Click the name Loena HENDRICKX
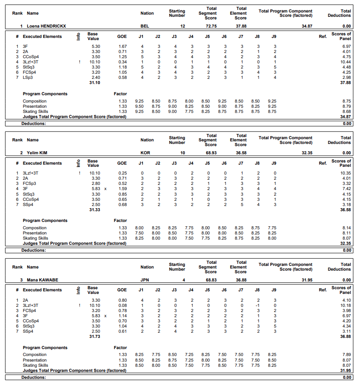click(46, 26)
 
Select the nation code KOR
click(145, 153)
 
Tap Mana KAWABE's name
click(42, 280)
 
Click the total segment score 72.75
click(210, 26)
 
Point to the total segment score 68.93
click(210, 153)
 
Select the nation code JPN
click(145, 280)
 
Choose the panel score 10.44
click(345, 62)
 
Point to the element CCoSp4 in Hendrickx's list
click(31, 56)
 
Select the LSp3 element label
click(27, 77)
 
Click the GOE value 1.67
click(122, 46)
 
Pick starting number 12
click(182, 26)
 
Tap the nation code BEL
click(145, 26)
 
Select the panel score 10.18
click(345, 305)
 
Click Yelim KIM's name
click(37, 153)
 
